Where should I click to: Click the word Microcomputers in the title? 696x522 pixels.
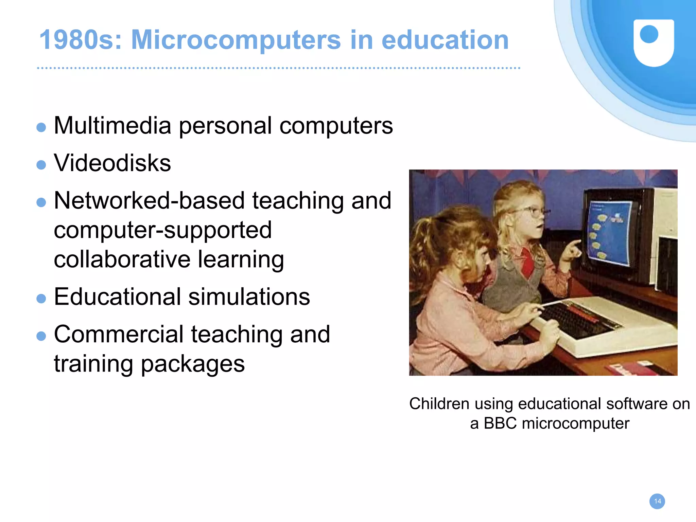236,40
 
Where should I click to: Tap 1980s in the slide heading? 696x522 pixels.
81,40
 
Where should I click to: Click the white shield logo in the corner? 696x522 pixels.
654,42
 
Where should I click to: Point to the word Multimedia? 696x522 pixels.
112,126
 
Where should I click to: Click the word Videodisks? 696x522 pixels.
112,163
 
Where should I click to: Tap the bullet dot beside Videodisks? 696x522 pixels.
41,165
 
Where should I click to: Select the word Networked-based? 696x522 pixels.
149,200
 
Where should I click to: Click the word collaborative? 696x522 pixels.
122,259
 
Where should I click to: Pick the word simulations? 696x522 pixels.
249,297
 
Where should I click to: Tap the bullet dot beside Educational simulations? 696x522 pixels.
41,299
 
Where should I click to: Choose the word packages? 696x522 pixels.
193,364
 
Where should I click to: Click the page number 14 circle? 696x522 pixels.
657,501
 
